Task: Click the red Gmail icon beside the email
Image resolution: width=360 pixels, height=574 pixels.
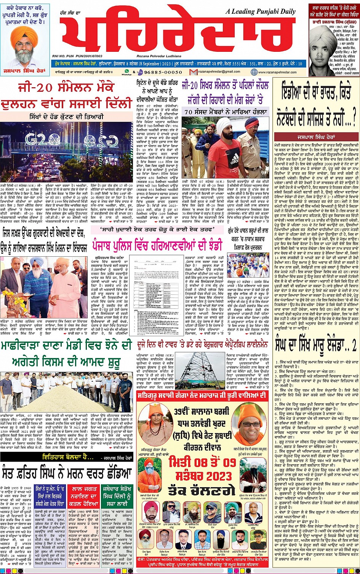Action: point(194,72)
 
